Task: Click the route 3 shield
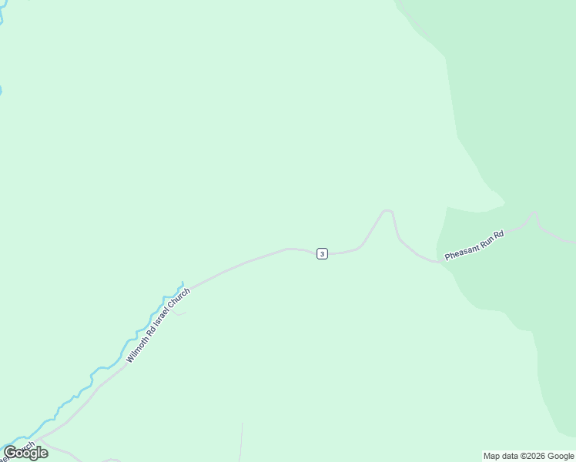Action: click(x=322, y=253)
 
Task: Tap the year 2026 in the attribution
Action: click(x=536, y=456)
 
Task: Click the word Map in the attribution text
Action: click(x=492, y=456)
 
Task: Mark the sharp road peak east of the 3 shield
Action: click(x=387, y=210)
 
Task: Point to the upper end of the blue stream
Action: click(x=182, y=283)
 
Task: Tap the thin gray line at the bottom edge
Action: click(x=240, y=443)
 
